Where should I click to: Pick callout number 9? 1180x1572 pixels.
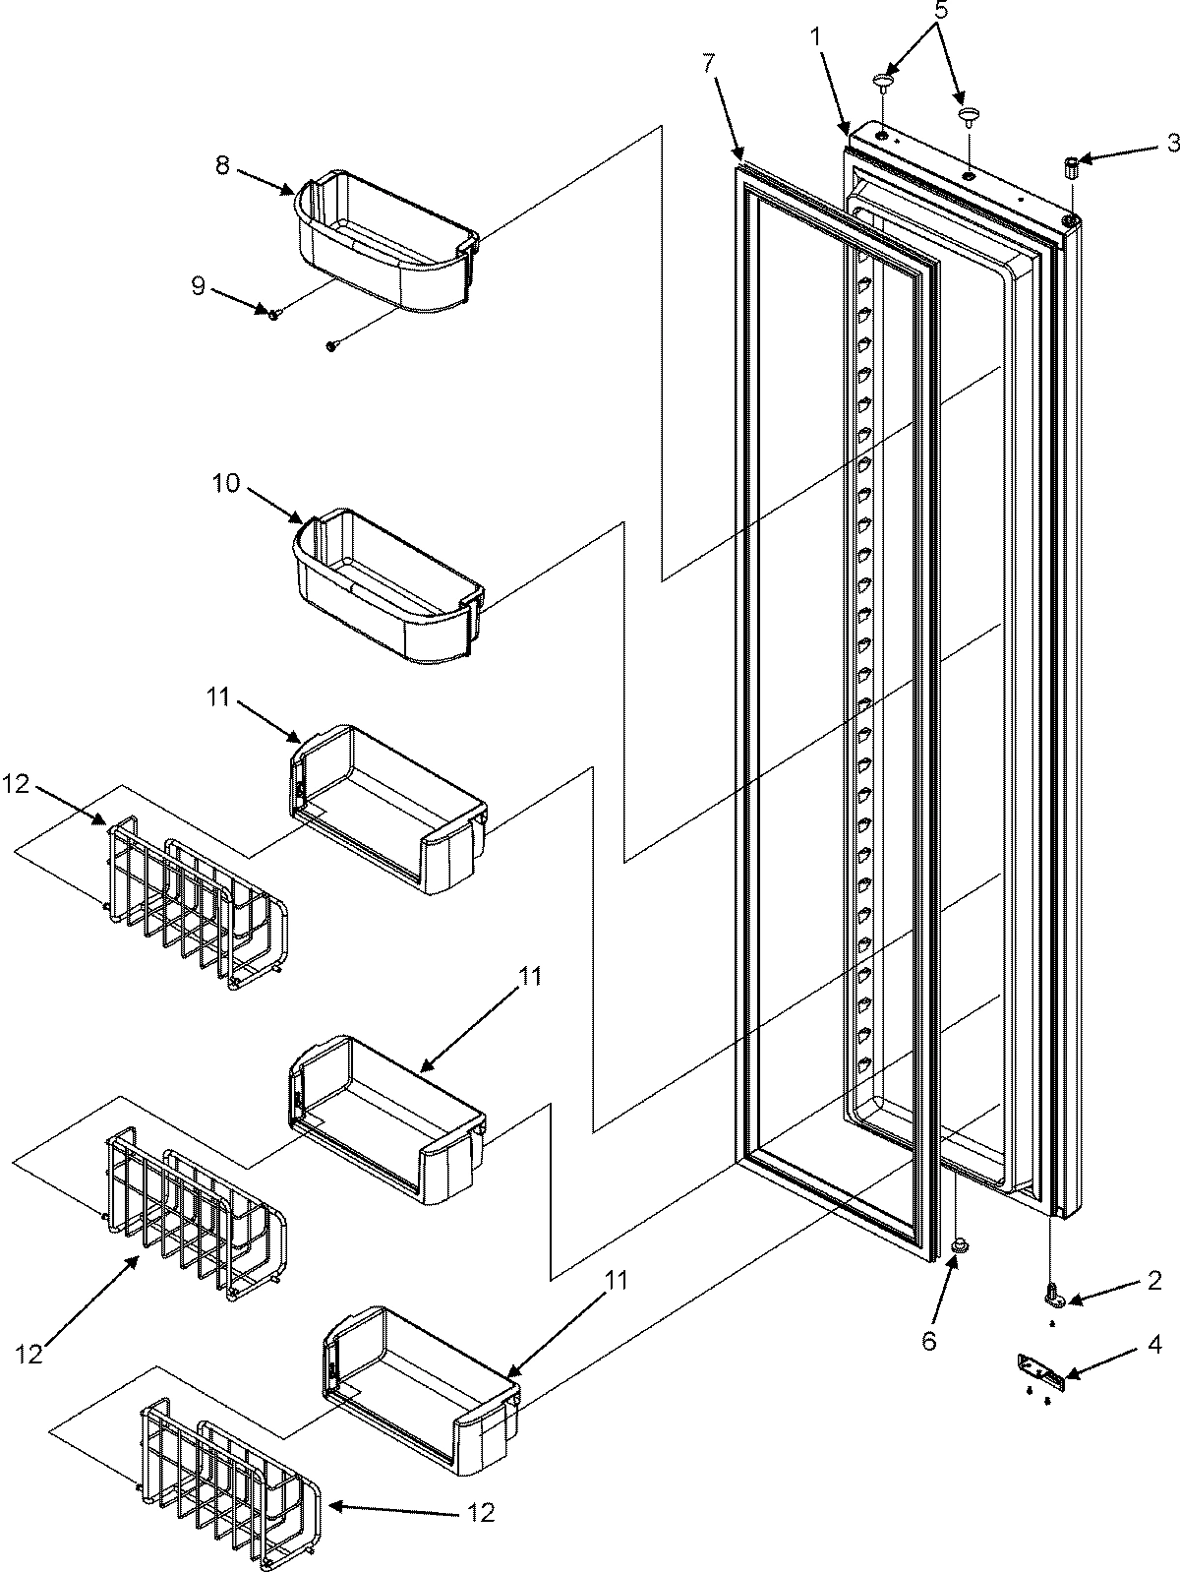pyautogui.click(x=199, y=286)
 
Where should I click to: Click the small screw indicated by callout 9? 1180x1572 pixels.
pyautogui.click(x=275, y=313)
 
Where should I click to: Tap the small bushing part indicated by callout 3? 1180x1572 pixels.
pyautogui.click(x=1071, y=169)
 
